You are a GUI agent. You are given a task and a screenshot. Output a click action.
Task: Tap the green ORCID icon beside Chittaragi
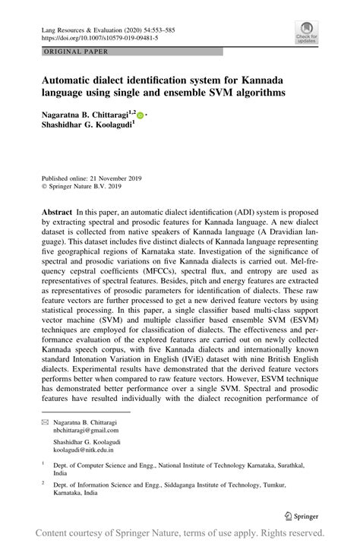(141, 115)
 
